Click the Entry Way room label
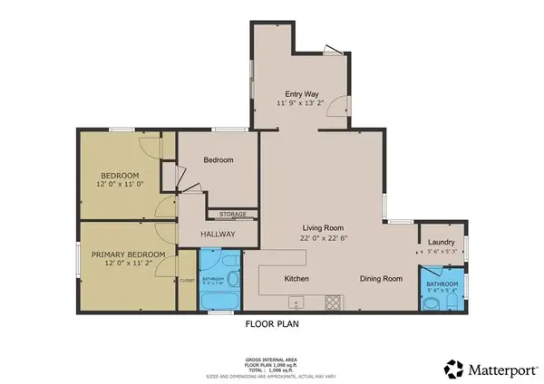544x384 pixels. click(301, 93)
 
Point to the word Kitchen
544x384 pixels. click(297, 279)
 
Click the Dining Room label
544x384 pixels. click(380, 279)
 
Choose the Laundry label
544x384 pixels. click(442, 242)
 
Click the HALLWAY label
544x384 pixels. click(217, 234)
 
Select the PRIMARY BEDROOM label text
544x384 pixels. click(127, 255)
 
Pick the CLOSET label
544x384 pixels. click(187, 281)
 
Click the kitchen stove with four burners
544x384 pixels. click(334, 302)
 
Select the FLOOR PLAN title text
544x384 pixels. click(272, 322)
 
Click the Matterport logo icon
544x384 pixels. click(450, 369)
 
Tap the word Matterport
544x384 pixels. click(497, 369)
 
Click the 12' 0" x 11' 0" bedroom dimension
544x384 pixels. click(120, 185)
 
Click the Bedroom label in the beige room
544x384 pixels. click(219, 160)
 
